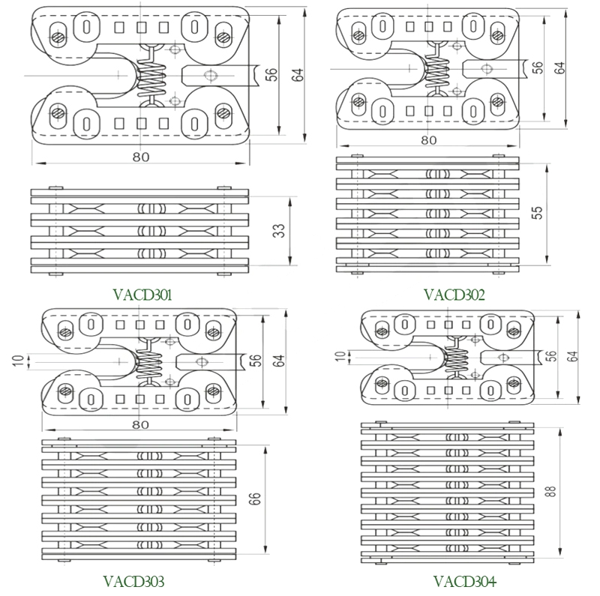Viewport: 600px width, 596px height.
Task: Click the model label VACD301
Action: pyautogui.click(x=142, y=295)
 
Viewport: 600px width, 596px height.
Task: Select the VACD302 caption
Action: pyautogui.click(x=454, y=295)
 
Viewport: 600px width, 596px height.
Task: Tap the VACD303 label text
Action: pyautogui.click(x=133, y=582)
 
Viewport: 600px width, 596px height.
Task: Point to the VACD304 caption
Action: pyautogui.click(x=464, y=582)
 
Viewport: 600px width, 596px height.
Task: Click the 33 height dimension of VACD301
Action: pyautogui.click(x=280, y=230)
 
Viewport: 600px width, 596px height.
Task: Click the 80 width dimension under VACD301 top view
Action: pyautogui.click(x=141, y=157)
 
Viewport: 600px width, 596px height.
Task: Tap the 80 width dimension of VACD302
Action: pyautogui.click(x=428, y=140)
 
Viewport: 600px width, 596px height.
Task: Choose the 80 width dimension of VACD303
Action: pyautogui.click(x=140, y=424)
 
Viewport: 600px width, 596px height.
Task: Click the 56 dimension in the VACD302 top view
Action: pyautogui.click(x=538, y=67)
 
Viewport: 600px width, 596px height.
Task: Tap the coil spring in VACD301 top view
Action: pyautogui.click(x=152, y=75)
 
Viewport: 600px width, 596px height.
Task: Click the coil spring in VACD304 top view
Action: pyautogui.click(x=457, y=358)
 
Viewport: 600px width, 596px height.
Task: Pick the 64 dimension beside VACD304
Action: pyautogui.click(x=574, y=356)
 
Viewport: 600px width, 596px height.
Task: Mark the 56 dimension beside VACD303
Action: pyautogui.click(x=256, y=361)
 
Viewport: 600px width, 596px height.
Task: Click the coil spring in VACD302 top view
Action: pyautogui.click(x=436, y=69)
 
